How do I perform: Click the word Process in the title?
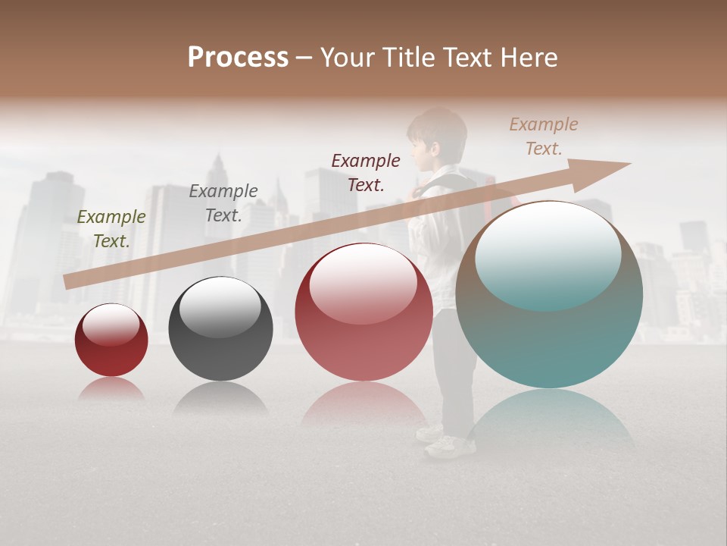(x=238, y=58)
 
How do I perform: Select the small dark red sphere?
(x=111, y=340)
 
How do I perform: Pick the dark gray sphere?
(x=220, y=329)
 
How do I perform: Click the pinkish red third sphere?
(x=363, y=312)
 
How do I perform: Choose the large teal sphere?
(x=549, y=296)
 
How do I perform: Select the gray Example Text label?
(x=223, y=203)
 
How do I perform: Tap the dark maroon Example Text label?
(x=366, y=172)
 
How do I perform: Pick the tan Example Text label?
(x=543, y=136)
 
